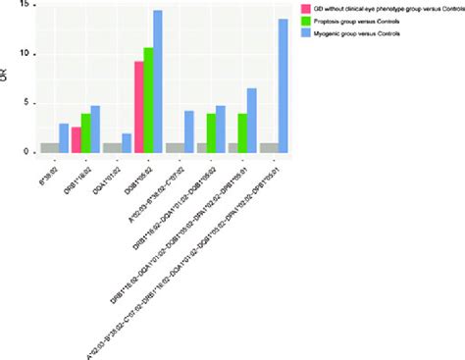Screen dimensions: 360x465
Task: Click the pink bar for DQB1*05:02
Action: tap(139, 107)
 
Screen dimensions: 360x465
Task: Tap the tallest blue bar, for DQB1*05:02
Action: tap(158, 82)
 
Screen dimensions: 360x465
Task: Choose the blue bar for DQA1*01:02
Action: tap(127, 143)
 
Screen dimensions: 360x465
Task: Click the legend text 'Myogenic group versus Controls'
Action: tap(358, 33)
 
